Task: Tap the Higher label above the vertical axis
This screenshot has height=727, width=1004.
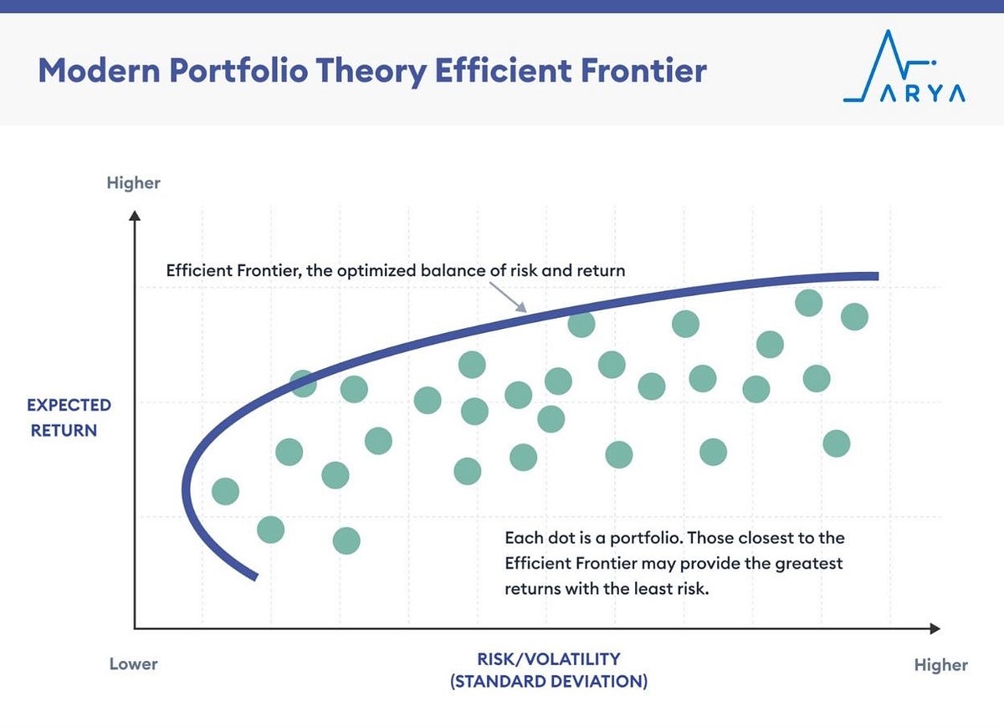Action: pyautogui.click(x=133, y=182)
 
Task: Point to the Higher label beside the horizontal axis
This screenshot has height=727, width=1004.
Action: pyautogui.click(x=940, y=665)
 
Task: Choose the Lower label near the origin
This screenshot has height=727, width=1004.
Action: pyautogui.click(x=133, y=664)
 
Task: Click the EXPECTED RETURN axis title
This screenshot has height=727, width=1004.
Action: pyautogui.click(x=69, y=418)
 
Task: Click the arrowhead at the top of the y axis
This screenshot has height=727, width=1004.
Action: pyautogui.click(x=134, y=215)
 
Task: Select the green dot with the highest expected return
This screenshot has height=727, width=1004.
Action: pyautogui.click(x=808, y=302)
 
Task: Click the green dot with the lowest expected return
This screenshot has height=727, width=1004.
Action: pyautogui.click(x=346, y=541)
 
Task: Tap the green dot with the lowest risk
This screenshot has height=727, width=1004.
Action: pyautogui.click(x=225, y=491)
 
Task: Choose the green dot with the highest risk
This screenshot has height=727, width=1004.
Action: pyautogui.click(x=854, y=316)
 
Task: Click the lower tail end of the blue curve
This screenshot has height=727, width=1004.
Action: pyautogui.click(x=254, y=576)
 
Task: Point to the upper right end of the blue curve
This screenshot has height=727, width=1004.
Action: pyautogui.click(x=875, y=276)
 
